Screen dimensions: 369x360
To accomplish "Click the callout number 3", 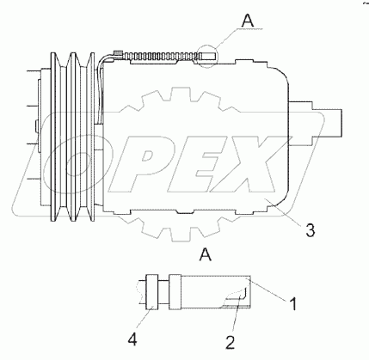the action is pos(310,230).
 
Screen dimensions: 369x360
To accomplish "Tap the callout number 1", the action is pos(292,303).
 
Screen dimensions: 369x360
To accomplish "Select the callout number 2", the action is pos(230,342).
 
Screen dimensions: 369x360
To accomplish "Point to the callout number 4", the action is pos(132,340).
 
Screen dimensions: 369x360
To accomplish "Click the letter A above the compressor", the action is pos(248,21).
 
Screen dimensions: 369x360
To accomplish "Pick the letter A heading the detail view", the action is pos(206,254).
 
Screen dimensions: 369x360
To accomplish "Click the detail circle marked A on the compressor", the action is pos(207,57).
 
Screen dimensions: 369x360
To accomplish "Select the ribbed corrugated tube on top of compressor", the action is pos(161,57).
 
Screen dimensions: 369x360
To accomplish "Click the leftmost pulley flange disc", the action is pos(53,137).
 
